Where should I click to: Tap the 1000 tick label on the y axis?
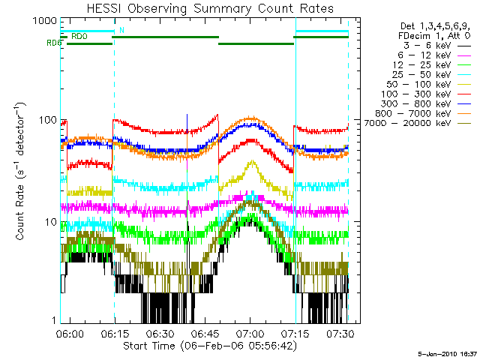click(44, 20)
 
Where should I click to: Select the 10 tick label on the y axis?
click(49, 222)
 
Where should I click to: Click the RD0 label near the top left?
click(78, 36)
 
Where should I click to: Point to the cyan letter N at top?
click(121, 30)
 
